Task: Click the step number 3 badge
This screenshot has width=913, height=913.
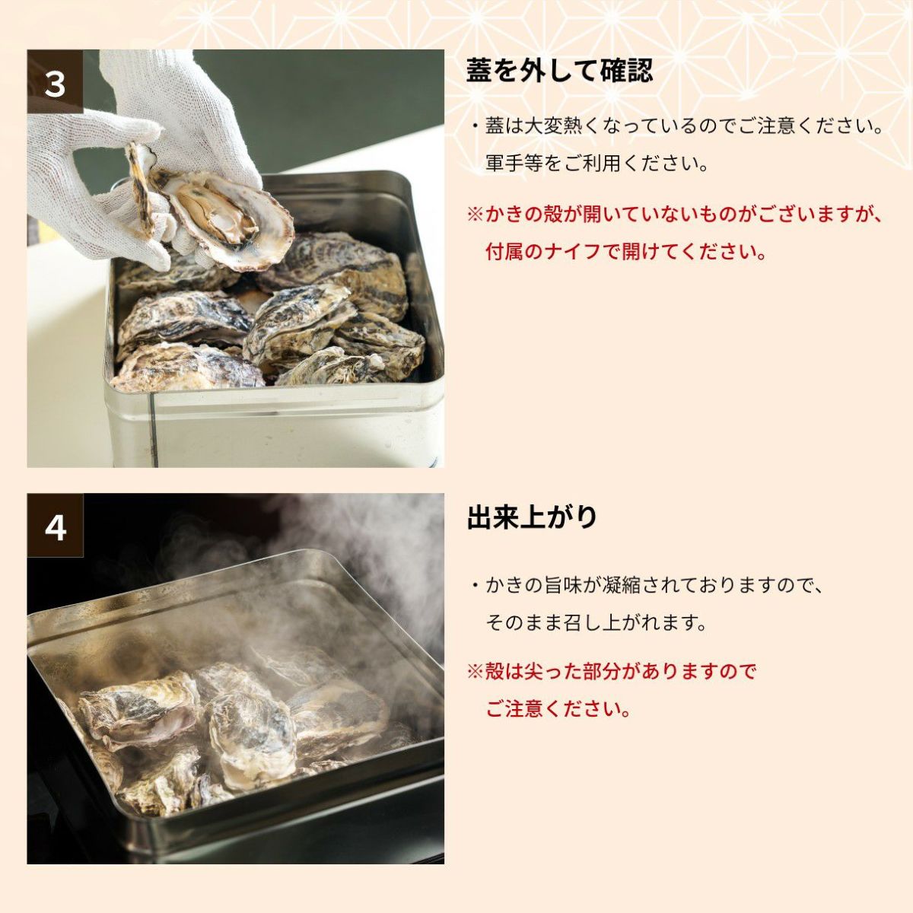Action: (55, 81)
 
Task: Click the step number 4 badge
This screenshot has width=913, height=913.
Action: (55, 526)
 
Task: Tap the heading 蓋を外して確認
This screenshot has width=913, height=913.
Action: (559, 71)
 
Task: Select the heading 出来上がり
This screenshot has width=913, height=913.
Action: (532, 517)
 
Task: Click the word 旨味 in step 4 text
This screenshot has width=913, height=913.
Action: (562, 586)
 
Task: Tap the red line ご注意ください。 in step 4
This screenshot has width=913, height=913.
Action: (558, 709)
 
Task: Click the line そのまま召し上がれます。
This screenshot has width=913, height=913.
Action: (596, 623)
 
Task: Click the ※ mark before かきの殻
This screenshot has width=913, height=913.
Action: (476, 214)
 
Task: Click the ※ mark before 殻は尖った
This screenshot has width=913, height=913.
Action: (476, 672)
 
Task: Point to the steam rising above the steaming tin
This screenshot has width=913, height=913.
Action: (360, 545)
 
